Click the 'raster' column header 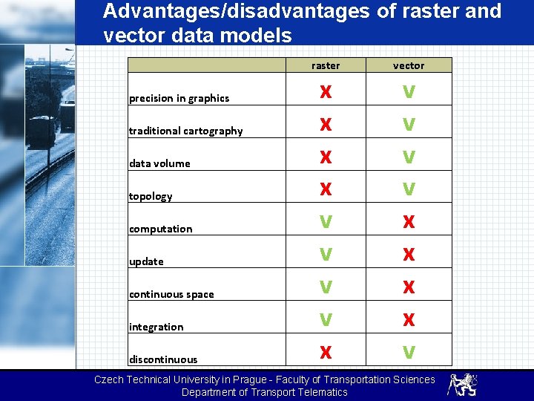pos(326,65)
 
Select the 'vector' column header pos(409,65)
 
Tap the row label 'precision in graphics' pos(179,98)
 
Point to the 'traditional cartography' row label pos(185,131)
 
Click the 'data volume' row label pos(159,163)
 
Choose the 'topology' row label pos(151,196)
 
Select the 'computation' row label pos(160,229)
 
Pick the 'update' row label pos(146,261)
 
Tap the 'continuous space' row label pos(171,294)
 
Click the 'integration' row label pos(156,327)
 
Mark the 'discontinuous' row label pos(163,359)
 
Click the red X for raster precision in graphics pos(326,92)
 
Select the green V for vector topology pos(409,190)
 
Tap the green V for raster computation pos(326,223)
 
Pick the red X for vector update pos(409,255)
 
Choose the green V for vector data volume pos(409,157)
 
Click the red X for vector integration pos(409,321)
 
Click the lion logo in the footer pos(462,385)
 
